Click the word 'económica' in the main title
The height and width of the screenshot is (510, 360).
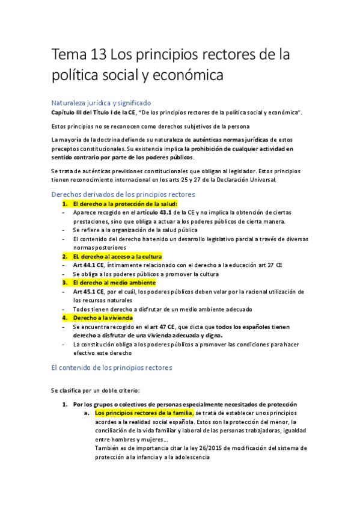(178, 76)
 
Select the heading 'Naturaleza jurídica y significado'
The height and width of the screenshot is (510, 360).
(101, 103)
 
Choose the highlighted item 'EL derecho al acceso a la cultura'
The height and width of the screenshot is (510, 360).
(111, 256)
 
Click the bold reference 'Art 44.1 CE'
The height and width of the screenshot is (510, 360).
(88, 265)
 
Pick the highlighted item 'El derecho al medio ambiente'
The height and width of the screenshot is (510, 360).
(114, 282)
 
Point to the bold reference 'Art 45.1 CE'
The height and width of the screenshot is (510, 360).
(88, 291)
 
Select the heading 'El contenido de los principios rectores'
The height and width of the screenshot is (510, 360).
(112, 367)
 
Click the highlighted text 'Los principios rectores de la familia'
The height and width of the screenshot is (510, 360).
(144, 413)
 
